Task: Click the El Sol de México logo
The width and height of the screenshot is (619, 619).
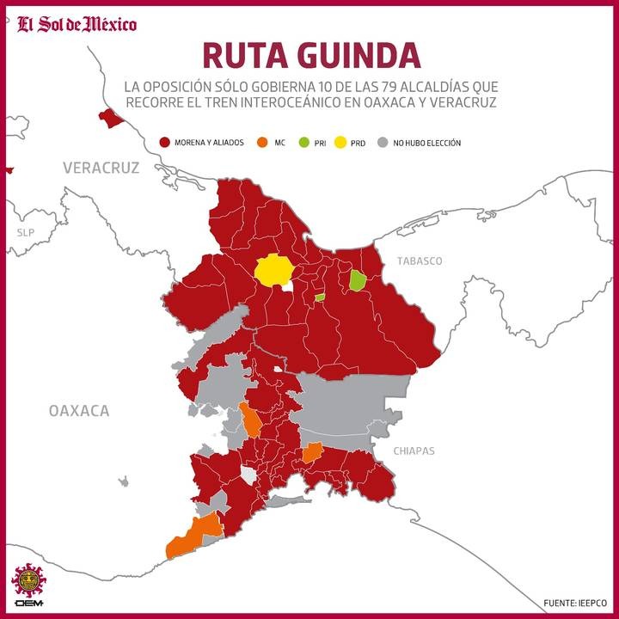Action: pyautogui.click(x=77, y=23)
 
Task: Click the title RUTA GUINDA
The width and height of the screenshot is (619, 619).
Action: pyautogui.click(x=311, y=55)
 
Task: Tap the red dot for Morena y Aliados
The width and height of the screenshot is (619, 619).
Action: pyautogui.click(x=165, y=143)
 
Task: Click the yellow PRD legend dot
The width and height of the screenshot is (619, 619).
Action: pyautogui.click(x=342, y=143)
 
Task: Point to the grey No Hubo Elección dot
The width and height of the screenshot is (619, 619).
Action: pyautogui.click(x=383, y=143)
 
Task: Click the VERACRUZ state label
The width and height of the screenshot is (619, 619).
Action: pyautogui.click(x=101, y=168)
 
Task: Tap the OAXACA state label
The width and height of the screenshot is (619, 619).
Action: pyautogui.click(x=79, y=411)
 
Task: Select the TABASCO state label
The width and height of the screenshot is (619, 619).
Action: pyautogui.click(x=419, y=260)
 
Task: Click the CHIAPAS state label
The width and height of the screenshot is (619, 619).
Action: pyautogui.click(x=414, y=451)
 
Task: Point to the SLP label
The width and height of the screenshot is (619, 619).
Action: pyautogui.click(x=23, y=233)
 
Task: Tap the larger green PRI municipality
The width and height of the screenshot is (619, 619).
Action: pyautogui.click(x=357, y=280)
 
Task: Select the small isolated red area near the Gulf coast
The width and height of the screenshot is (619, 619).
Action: pyautogui.click(x=110, y=118)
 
